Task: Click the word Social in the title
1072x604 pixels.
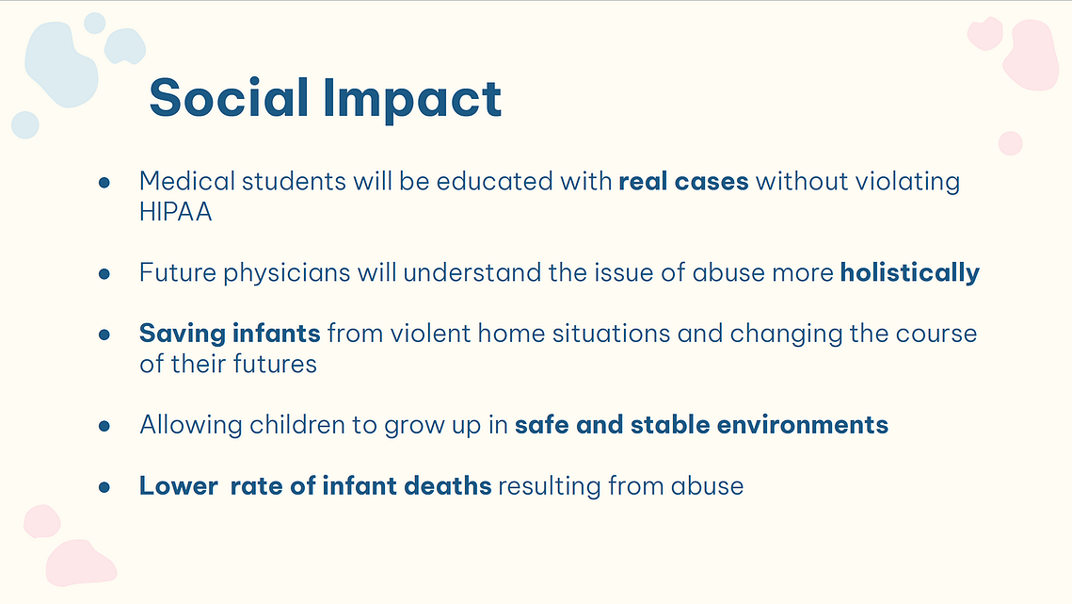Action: [229, 97]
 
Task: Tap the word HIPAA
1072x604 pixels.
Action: [176, 212]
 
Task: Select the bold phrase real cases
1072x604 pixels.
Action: [683, 182]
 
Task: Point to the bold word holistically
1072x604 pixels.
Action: [910, 272]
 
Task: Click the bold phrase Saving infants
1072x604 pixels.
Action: [230, 334]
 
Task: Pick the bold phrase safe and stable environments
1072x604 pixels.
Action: [701, 425]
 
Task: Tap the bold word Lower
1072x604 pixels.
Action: [179, 485]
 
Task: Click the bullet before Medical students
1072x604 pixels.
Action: [104, 182]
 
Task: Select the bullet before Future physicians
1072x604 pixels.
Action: [104, 274]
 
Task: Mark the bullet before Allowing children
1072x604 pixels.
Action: [104, 426]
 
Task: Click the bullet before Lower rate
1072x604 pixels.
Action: [104, 487]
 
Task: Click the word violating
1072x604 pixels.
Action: [908, 182]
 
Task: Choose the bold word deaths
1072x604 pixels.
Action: [448, 485]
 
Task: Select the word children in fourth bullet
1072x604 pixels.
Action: [297, 425]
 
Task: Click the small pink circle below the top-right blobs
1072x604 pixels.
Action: [1011, 143]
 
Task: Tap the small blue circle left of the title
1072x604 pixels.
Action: [25, 124]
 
